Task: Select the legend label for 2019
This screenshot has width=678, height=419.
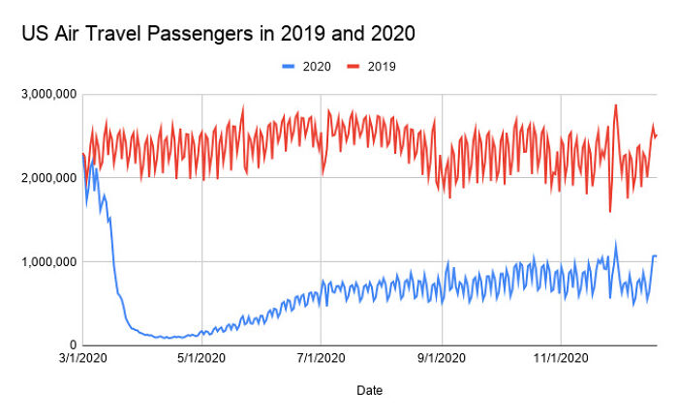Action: click(382, 67)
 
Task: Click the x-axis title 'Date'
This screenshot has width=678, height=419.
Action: click(368, 391)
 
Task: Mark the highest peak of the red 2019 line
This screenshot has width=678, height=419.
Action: click(615, 105)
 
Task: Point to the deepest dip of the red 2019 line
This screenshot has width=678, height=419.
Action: click(610, 211)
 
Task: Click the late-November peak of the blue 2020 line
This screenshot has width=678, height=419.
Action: click(615, 244)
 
